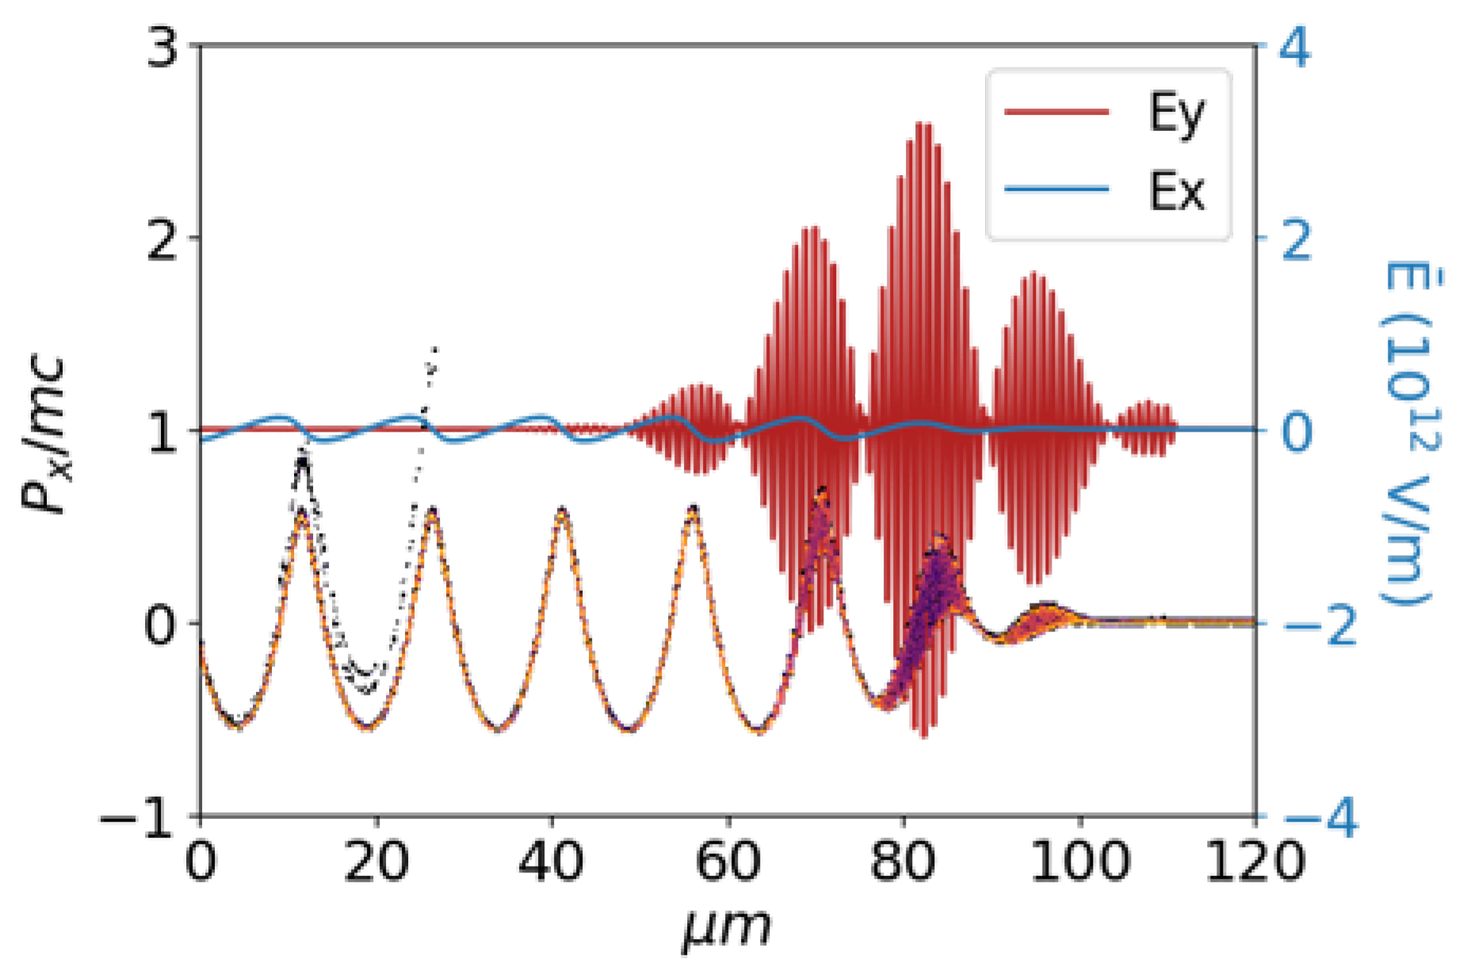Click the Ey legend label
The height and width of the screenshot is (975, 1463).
1176,113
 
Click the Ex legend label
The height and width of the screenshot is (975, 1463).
1176,191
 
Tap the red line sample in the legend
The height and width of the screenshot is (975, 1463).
1056,112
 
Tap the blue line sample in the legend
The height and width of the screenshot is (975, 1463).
1056,189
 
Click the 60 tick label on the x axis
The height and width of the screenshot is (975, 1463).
727,861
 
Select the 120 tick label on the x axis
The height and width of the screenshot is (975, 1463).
1255,861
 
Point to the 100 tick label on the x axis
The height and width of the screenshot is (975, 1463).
1079,861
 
